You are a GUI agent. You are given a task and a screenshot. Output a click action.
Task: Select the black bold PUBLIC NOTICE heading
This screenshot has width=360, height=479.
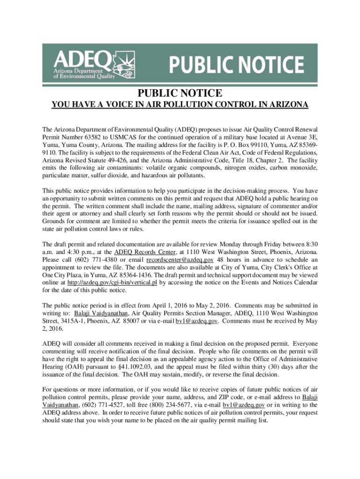click(x=180, y=93)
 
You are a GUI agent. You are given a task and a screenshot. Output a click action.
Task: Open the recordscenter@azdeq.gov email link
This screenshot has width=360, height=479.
click(x=180, y=260)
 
